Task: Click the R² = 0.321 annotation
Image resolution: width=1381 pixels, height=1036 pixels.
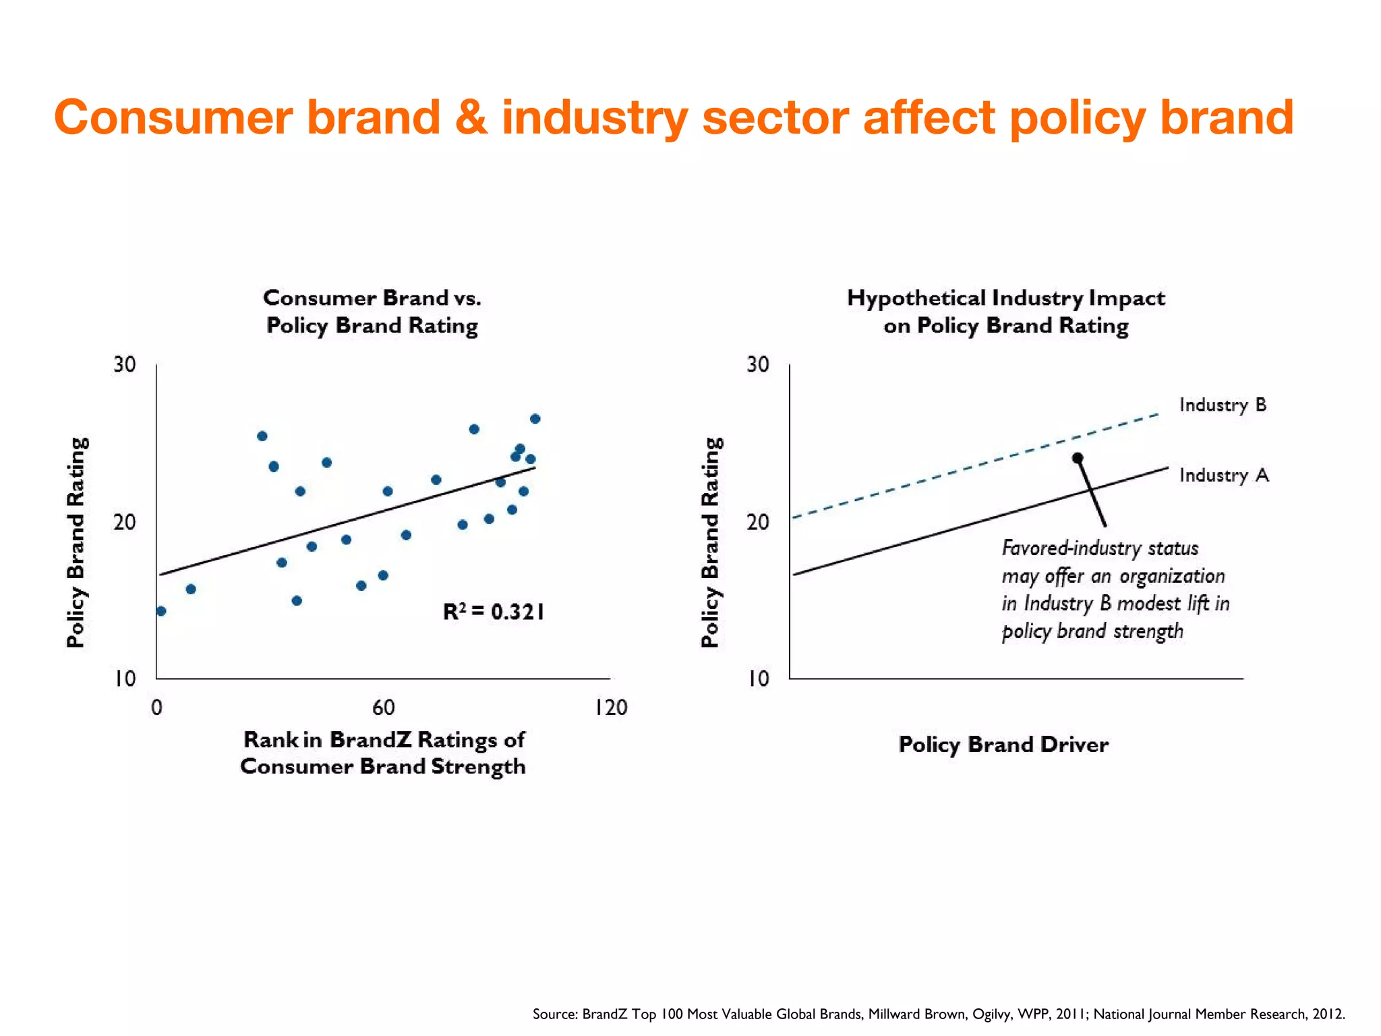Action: [x=493, y=612]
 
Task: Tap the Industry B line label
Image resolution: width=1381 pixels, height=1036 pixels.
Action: [x=1222, y=405]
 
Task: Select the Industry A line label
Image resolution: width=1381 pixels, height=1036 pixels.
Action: [x=1223, y=476]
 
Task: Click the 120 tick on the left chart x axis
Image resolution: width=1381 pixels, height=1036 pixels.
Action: [x=610, y=708]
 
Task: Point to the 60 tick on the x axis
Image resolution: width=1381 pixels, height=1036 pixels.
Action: [x=383, y=708]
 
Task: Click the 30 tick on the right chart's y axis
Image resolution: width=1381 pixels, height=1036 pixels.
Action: [x=758, y=365]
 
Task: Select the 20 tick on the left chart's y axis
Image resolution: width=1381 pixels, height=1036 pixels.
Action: [x=124, y=522]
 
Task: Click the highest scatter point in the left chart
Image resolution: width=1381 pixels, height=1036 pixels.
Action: [x=535, y=419]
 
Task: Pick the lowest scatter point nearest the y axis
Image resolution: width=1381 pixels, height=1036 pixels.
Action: [x=161, y=611]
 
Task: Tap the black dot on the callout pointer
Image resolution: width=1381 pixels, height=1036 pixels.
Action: [x=1078, y=458]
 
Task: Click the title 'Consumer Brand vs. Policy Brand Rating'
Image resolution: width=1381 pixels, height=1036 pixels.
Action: [x=372, y=312]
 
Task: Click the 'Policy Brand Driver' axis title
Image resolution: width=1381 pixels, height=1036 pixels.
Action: [x=1003, y=745]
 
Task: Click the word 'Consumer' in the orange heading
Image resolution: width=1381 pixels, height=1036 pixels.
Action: [x=173, y=117]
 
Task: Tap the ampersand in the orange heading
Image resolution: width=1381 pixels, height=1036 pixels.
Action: [x=471, y=117]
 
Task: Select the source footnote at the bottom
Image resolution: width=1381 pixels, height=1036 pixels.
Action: [x=938, y=1014]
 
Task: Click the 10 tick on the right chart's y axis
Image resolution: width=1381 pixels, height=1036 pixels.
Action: [x=758, y=679]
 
